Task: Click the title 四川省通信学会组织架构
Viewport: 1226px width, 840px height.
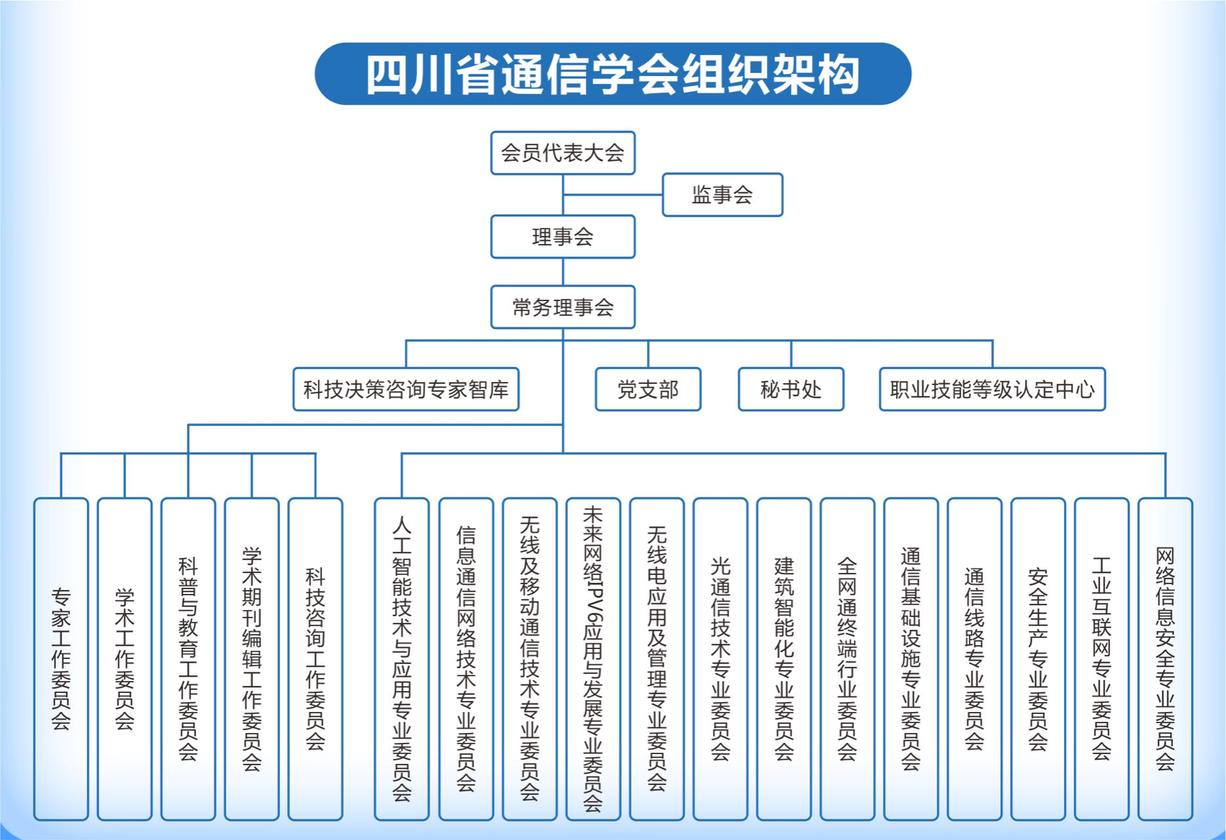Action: click(613, 74)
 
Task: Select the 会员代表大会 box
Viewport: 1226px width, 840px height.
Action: click(563, 153)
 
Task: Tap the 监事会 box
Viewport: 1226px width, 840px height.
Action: click(722, 195)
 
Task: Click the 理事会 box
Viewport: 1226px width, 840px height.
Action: click(563, 237)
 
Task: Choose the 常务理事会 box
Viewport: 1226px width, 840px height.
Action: click(563, 307)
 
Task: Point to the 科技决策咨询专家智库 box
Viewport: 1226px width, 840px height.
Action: click(406, 390)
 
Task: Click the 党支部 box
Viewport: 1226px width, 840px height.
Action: click(648, 390)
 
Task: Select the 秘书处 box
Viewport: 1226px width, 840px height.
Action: click(791, 390)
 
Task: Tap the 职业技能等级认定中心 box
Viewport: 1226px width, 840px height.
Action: click(992, 390)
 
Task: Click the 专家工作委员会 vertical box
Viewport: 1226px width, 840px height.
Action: click(61, 659)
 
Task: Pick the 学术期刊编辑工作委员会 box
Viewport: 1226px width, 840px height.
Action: click(252, 659)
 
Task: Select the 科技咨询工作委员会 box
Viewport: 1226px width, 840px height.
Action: click(316, 659)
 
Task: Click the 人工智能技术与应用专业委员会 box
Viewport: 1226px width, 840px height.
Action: click(402, 659)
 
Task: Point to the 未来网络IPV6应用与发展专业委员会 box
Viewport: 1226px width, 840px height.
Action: click(593, 659)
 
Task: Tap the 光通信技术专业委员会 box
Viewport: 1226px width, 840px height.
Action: click(720, 659)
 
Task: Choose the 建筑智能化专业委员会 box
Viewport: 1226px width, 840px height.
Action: click(784, 659)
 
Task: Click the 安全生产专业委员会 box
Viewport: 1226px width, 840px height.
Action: click(1038, 659)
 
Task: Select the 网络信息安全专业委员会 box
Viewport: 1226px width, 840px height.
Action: click(1165, 659)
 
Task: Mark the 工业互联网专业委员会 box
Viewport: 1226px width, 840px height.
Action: click(1101, 659)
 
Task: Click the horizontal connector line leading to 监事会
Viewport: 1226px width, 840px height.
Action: click(613, 195)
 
